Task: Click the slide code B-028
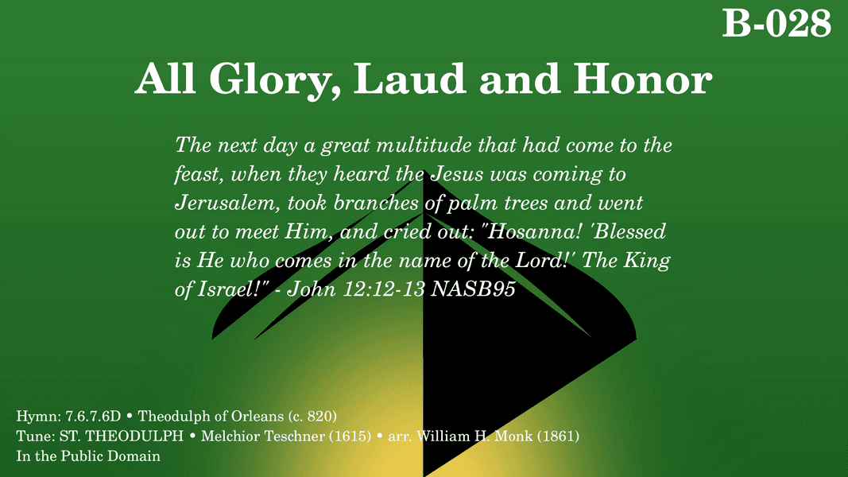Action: (x=776, y=23)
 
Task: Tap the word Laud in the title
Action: (x=409, y=79)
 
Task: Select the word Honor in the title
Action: (x=642, y=79)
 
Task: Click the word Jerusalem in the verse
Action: (x=226, y=203)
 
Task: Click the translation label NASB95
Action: (x=473, y=289)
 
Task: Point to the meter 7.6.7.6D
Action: (x=93, y=416)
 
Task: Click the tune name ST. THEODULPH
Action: (x=121, y=436)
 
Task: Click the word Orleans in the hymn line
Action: (x=257, y=416)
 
